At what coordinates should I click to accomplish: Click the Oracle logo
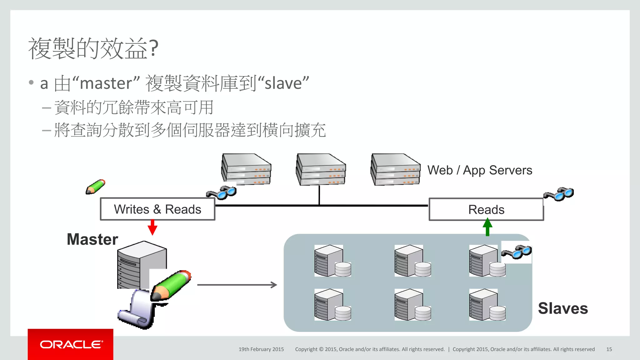tap(71, 344)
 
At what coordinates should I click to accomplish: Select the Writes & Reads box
tap(157, 209)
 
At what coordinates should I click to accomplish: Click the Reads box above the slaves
tap(486, 209)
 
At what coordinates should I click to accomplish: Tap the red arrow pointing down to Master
tap(152, 227)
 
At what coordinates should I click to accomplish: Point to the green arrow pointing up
tap(487, 227)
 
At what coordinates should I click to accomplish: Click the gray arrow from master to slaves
tap(237, 285)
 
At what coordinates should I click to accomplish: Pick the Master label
tap(92, 239)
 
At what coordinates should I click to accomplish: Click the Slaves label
tap(563, 308)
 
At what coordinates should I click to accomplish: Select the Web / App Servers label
tap(480, 170)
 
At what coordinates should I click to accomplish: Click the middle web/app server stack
tap(321, 169)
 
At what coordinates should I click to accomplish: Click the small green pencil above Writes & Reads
tap(96, 187)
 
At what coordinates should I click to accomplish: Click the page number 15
tap(609, 349)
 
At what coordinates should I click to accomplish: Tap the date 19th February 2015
tap(261, 349)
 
